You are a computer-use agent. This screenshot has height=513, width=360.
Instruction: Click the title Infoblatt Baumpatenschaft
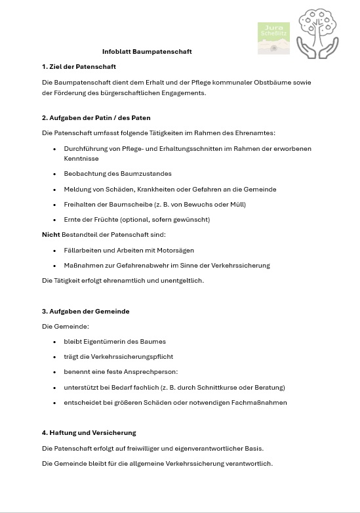(x=147, y=51)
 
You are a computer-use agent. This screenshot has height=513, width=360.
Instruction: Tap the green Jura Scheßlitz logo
(x=273, y=38)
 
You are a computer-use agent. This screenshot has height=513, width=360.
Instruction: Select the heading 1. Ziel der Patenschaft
(x=79, y=67)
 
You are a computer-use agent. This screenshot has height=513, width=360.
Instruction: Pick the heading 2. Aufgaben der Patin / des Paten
(x=96, y=118)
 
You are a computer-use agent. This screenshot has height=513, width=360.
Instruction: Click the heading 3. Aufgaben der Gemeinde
(x=85, y=311)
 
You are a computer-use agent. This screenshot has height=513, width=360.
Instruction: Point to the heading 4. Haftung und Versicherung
(x=89, y=433)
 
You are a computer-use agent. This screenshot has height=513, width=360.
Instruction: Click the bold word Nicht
(x=50, y=235)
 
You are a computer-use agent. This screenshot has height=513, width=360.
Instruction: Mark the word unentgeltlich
(x=182, y=281)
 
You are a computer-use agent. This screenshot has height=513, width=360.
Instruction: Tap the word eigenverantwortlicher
(x=197, y=449)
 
